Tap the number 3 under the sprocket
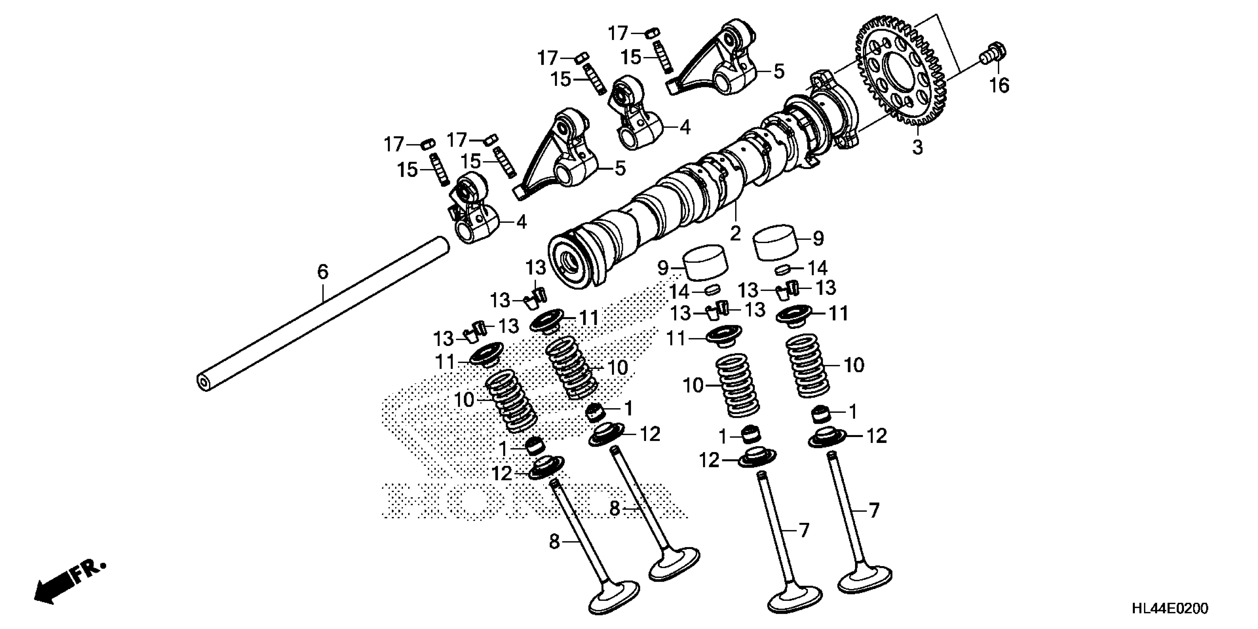pyautogui.click(x=918, y=147)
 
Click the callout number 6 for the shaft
pyautogui.click(x=323, y=272)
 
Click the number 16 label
pyautogui.click(x=999, y=85)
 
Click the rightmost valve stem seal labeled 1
pyautogui.click(x=821, y=414)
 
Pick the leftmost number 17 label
pyautogui.click(x=394, y=145)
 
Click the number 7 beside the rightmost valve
pyautogui.click(x=874, y=510)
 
